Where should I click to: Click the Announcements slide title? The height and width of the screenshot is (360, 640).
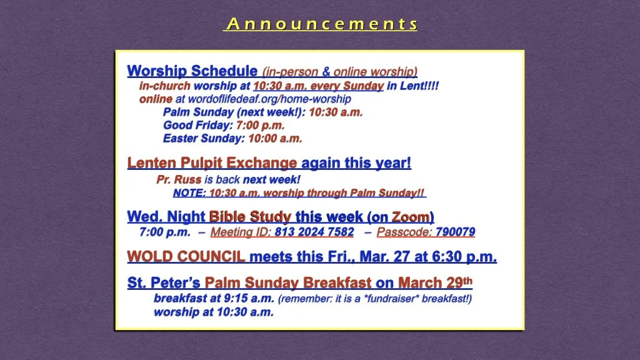[321, 24]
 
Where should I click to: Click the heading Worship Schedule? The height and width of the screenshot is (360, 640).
[192, 71]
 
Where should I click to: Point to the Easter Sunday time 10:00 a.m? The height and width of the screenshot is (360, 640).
[275, 139]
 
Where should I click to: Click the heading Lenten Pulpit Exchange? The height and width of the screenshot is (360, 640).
[212, 163]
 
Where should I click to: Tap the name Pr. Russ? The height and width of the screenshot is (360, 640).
[179, 180]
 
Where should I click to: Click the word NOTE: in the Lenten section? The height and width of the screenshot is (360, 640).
[189, 193]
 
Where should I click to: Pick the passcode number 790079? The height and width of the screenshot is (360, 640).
[455, 232]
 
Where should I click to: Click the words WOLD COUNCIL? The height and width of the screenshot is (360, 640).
[186, 257]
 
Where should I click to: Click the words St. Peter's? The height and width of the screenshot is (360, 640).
[164, 283]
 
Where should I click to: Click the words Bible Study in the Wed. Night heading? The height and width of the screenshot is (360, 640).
[250, 217]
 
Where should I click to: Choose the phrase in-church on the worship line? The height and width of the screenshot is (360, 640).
[164, 86]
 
